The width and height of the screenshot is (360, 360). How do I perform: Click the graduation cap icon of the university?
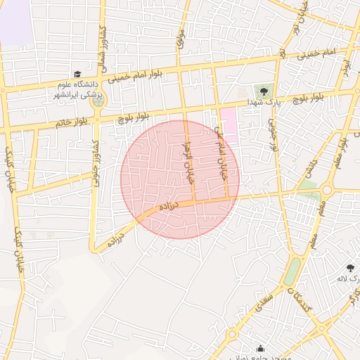pos(77,75)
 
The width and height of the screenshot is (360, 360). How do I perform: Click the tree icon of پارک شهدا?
pos(264,91)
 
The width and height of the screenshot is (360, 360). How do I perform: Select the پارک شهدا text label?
pos(263,103)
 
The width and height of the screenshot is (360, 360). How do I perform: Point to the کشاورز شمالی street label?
pos(102,41)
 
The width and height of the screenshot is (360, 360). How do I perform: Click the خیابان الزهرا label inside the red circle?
pos(188,162)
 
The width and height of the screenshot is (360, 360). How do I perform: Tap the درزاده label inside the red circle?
pos(169,205)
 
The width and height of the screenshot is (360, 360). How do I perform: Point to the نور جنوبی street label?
pos(272,136)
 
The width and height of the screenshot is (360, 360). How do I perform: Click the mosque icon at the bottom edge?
pos(261,349)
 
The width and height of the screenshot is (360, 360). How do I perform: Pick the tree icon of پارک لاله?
pos(350,267)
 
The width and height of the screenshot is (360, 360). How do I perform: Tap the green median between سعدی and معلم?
pos(291,271)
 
